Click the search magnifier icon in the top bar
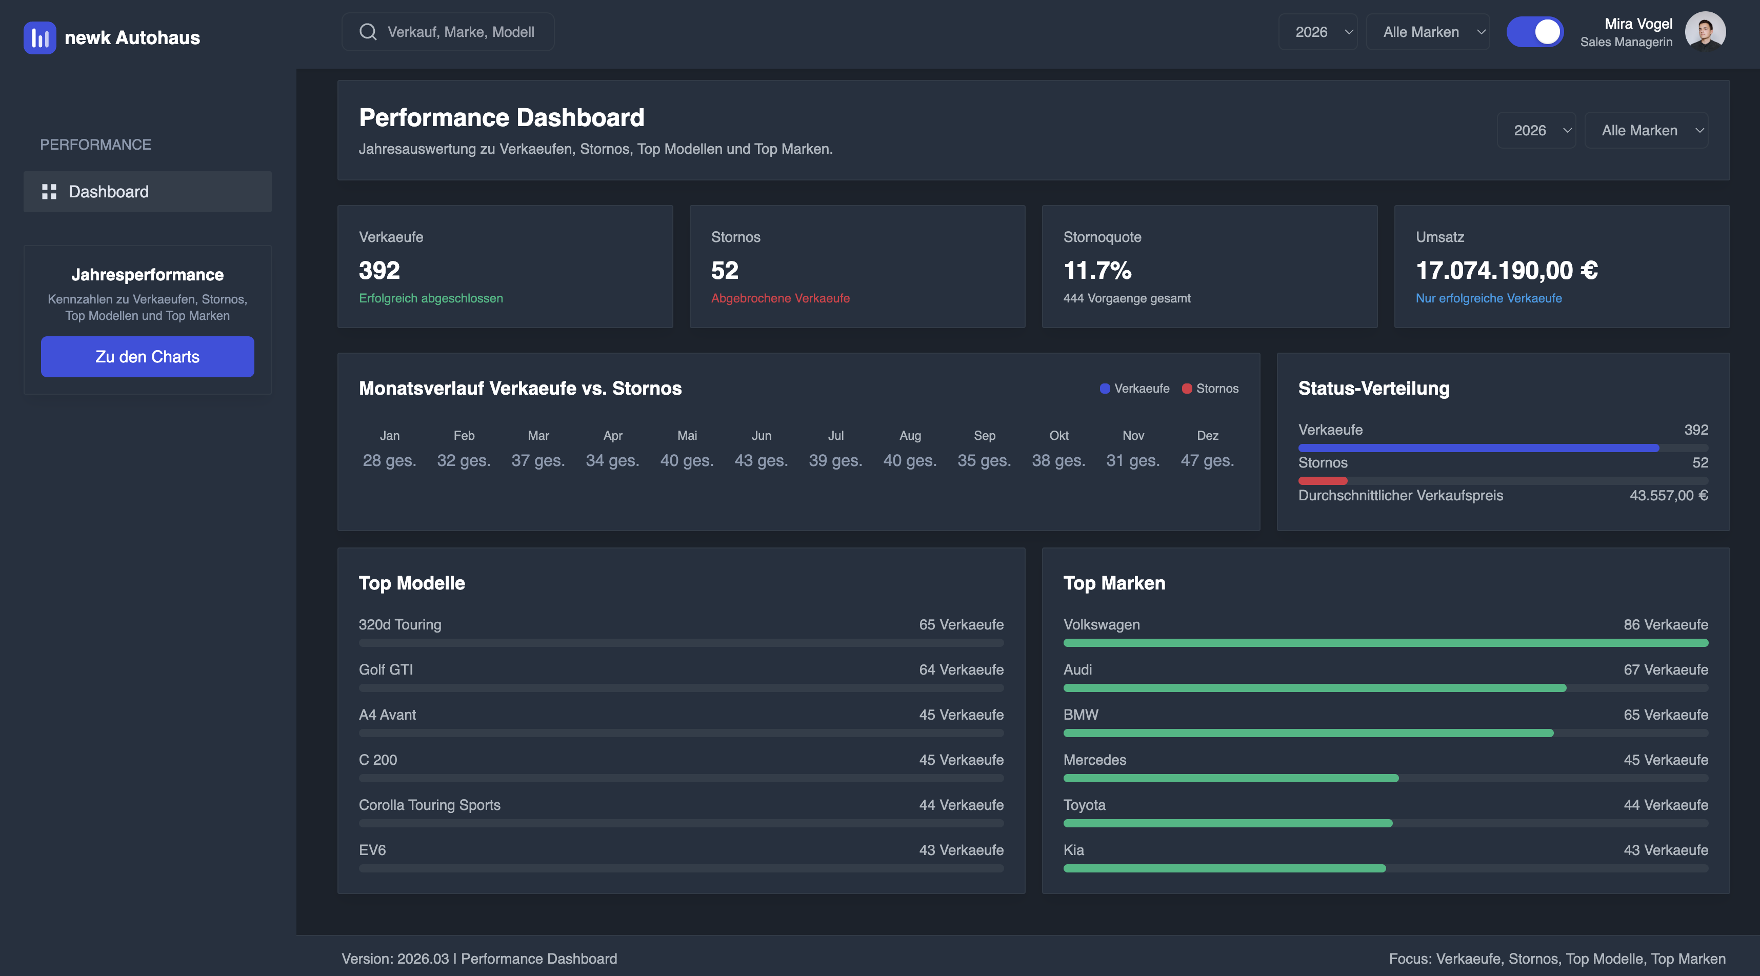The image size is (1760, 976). [368, 32]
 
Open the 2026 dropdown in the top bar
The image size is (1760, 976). [1317, 32]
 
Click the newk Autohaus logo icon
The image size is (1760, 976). [39, 37]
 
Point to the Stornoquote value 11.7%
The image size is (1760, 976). [1097, 271]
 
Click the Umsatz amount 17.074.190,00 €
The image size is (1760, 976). [1507, 271]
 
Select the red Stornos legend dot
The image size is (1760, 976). [1187, 389]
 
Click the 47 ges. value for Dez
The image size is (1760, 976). [1207, 460]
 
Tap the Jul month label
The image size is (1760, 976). [835, 436]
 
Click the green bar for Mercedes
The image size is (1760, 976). [1230, 778]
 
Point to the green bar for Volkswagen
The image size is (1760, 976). [1385, 643]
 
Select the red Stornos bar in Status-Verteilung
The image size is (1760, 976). [1322, 481]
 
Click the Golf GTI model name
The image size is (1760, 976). [386, 669]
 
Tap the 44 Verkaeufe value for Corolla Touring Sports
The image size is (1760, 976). [961, 805]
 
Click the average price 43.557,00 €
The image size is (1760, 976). [1668, 495]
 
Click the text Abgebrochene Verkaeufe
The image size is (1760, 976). [779, 298]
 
